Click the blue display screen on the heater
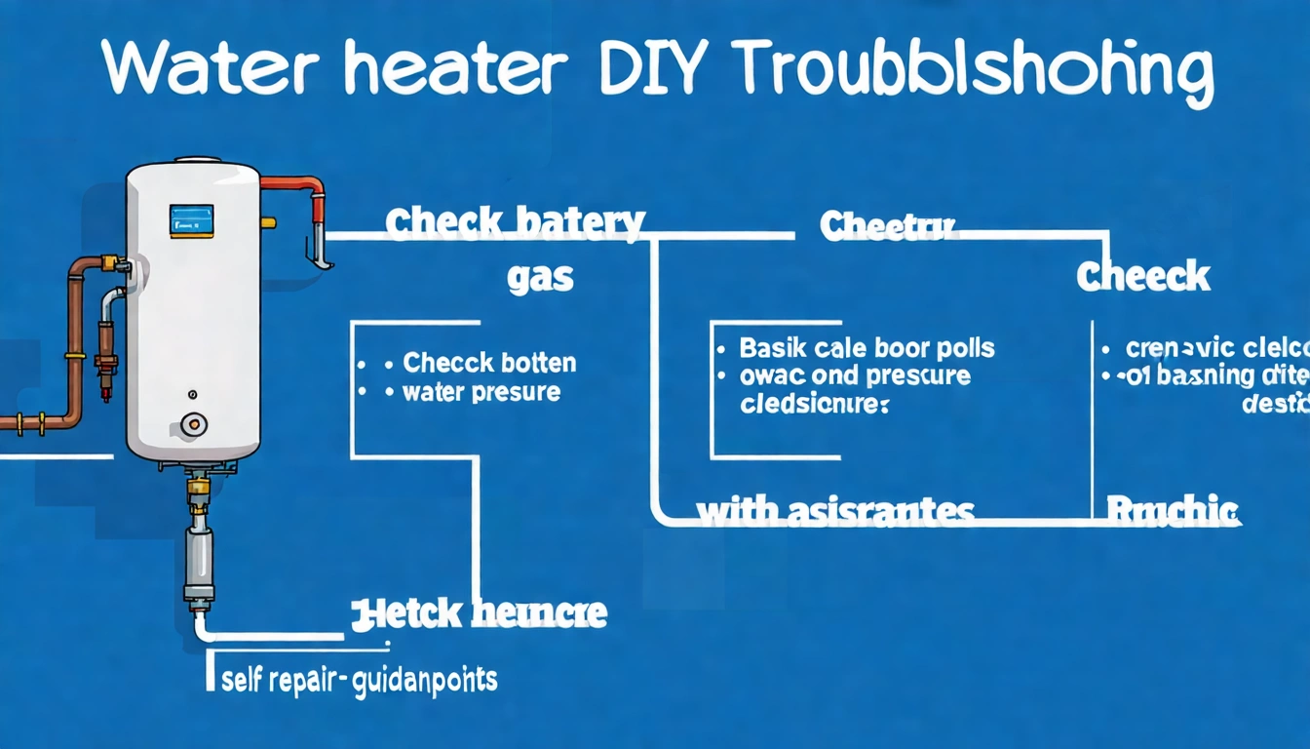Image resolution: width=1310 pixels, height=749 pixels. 191,220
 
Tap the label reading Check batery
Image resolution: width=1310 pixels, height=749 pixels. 515,224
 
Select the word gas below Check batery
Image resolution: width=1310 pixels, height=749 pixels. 540,279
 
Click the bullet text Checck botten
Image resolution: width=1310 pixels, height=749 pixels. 489,364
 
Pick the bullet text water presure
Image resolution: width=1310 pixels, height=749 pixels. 481,392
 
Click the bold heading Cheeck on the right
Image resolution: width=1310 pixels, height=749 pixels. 1142,277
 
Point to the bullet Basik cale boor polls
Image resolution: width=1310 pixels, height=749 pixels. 867,347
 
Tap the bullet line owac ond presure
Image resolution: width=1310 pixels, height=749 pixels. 855,375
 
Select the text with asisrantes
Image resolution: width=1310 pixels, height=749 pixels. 834,510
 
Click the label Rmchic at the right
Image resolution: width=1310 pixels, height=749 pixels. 1173,508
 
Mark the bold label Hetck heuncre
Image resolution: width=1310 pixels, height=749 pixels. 479,613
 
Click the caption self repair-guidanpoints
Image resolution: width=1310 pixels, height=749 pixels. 360,679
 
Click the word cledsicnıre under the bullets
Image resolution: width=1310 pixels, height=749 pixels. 814,404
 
